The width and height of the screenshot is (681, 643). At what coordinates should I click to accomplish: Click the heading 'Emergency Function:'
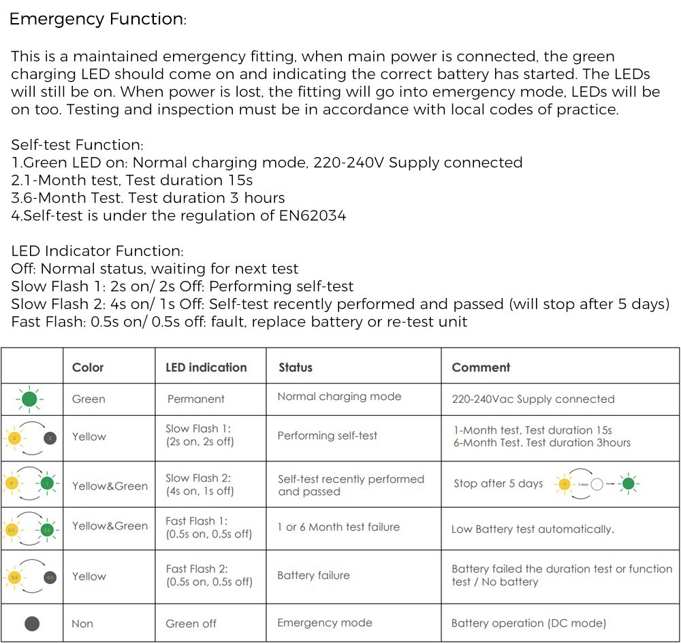point(97,19)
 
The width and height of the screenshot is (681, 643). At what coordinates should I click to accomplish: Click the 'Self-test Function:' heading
point(76,144)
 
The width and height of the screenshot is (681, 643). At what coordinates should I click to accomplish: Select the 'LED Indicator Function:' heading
point(97,251)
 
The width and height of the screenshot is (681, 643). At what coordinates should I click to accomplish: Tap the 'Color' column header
point(88,367)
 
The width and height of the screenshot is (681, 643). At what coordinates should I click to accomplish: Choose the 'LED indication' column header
point(206,367)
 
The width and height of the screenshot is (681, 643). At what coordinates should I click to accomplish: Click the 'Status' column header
point(296,367)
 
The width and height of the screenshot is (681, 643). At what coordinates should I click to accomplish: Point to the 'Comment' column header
point(481,367)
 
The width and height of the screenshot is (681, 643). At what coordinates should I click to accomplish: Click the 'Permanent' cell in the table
point(196,399)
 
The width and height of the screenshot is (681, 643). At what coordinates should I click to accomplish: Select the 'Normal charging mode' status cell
point(339,397)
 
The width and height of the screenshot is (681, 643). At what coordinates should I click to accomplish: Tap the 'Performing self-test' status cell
point(327,435)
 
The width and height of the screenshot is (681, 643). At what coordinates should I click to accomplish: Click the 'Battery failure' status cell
point(313,576)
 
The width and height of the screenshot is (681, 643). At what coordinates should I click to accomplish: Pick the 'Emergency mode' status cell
point(325,623)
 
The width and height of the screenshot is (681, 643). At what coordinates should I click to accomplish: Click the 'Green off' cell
point(191,623)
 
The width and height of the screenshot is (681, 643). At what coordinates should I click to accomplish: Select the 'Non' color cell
point(82,623)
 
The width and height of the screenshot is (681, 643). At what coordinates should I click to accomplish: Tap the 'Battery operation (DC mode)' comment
point(528,623)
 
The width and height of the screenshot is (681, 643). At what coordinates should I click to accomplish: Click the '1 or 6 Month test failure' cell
point(338,527)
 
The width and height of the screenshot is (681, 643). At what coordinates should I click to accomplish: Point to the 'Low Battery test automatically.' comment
point(533,529)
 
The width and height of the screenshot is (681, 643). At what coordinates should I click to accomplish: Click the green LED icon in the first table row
point(29,399)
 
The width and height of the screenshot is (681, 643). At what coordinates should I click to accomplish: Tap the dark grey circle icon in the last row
point(31,623)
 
